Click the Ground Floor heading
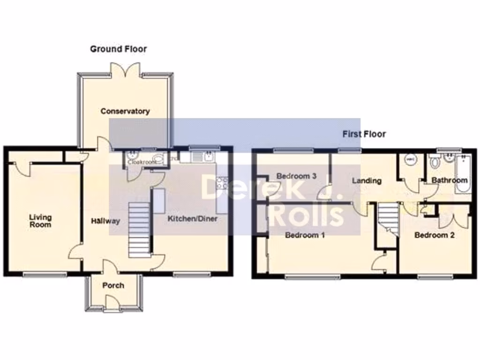[x=118, y=49]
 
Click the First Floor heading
[x=364, y=134]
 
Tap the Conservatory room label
[x=125, y=111]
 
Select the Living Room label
[x=40, y=221]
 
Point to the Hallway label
[x=105, y=221]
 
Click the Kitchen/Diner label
[x=193, y=218]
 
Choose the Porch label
[x=113, y=285]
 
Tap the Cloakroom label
[x=143, y=162]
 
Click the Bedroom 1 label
[x=305, y=235]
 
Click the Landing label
[x=367, y=180]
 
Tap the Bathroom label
[x=449, y=180]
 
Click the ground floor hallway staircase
[x=139, y=230]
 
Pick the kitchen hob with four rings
[x=221, y=183]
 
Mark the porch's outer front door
[x=111, y=302]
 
